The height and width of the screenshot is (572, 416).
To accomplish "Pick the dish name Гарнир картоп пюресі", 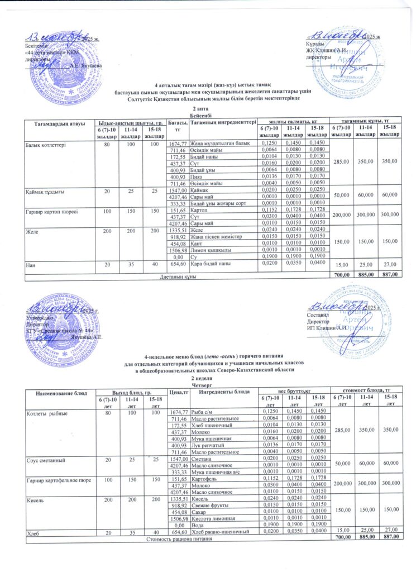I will (51, 210).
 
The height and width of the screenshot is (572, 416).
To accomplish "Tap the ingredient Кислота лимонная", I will (214, 517).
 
